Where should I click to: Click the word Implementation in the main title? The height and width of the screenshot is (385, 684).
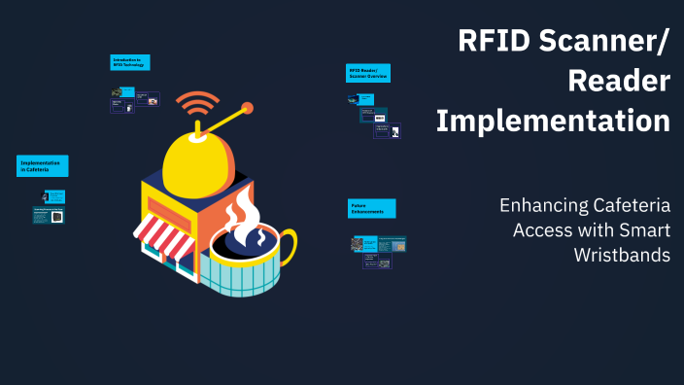coord(553,122)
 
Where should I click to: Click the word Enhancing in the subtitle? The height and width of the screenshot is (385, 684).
coord(545,206)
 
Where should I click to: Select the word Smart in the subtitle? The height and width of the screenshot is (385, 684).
coord(644,229)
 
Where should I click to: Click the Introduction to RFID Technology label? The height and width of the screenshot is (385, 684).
coord(130,63)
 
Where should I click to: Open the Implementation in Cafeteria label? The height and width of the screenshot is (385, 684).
coord(43,165)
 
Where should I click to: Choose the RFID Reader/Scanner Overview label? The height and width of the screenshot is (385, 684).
coord(368,74)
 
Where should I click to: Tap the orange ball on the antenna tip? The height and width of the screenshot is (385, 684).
coord(247,108)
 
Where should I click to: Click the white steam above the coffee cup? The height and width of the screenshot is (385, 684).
coord(239,209)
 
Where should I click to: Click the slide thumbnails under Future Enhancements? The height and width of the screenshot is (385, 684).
coord(378,251)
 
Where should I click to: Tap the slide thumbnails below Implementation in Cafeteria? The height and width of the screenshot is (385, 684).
coord(49,207)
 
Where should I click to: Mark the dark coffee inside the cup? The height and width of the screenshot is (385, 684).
coord(247,238)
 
